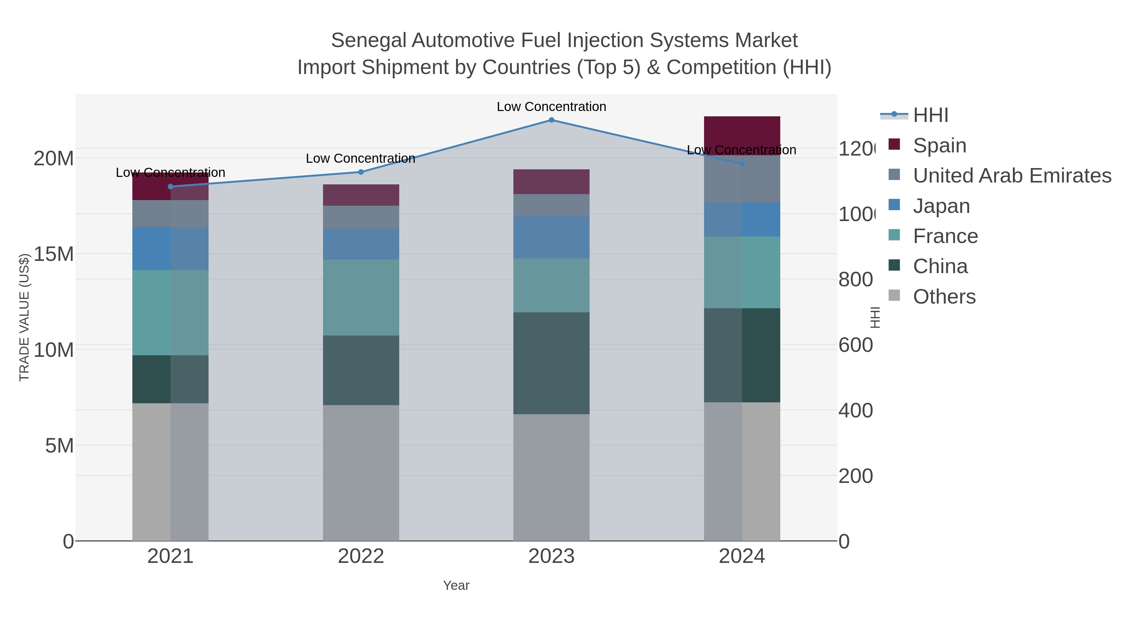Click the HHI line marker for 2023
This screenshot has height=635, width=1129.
[551, 120]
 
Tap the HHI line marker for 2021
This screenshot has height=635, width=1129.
[171, 187]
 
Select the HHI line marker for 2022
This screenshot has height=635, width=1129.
[361, 172]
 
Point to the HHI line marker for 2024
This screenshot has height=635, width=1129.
[742, 164]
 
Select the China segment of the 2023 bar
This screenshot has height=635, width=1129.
[551, 363]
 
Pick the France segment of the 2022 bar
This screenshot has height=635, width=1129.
[361, 298]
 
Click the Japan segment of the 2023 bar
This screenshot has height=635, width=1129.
[551, 237]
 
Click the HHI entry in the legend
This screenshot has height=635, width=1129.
[930, 115]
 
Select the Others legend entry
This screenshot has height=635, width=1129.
[944, 297]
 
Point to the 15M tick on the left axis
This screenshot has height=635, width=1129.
[53, 254]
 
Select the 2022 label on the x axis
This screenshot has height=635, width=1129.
[361, 557]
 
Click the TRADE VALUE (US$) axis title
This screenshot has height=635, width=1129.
[24, 317]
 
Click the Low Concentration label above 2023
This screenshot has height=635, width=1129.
[551, 107]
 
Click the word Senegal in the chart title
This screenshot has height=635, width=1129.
[368, 40]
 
